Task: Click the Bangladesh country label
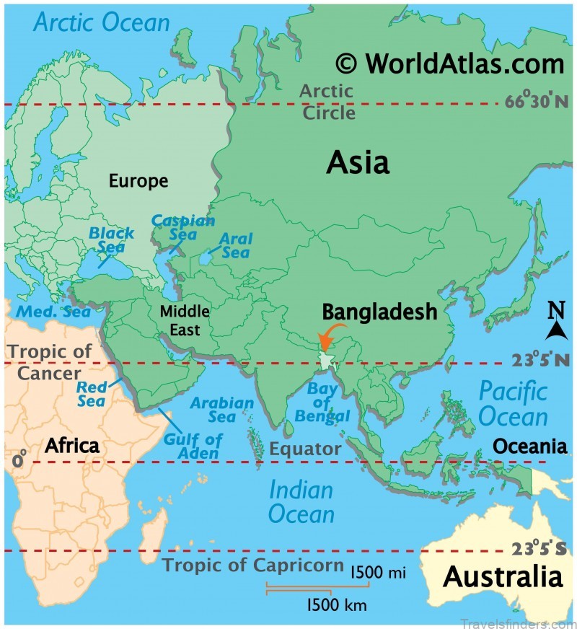coord(379,312)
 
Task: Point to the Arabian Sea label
coord(221,410)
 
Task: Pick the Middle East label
coord(184,321)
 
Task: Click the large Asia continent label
coord(357,162)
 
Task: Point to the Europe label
coord(138,180)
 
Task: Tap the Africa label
coord(71,446)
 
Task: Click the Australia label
coord(502,577)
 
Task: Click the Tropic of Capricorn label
coord(252,564)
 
